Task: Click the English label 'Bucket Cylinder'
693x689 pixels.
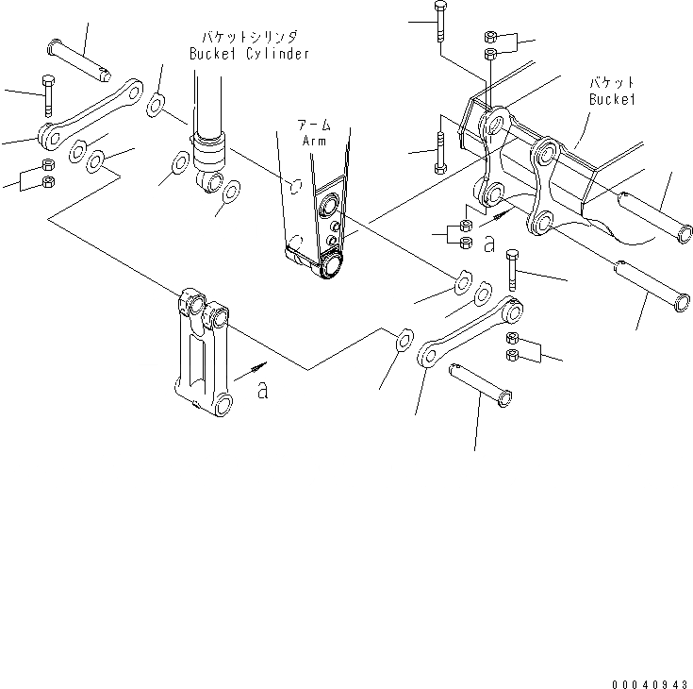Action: tap(249, 54)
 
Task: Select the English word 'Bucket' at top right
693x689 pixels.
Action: tap(613, 98)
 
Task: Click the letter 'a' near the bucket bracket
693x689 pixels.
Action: tap(488, 244)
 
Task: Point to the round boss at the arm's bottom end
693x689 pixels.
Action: tap(330, 267)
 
